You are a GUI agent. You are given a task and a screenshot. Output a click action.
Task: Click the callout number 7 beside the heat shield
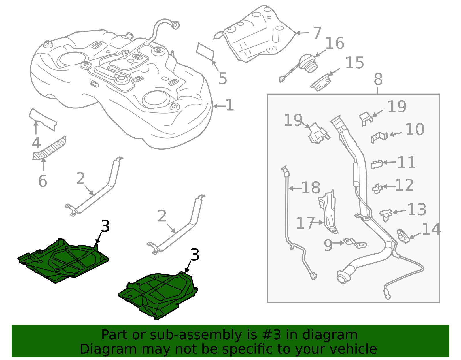click(x=317, y=33)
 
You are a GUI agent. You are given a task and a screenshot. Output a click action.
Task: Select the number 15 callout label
click(x=354, y=63)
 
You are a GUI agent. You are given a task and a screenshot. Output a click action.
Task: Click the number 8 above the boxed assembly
click(x=378, y=79)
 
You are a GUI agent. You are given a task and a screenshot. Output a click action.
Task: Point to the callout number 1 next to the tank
click(x=230, y=105)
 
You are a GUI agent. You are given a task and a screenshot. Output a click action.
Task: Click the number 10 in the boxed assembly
click(x=415, y=130)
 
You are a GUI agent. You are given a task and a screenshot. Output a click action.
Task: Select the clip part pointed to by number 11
click(x=377, y=164)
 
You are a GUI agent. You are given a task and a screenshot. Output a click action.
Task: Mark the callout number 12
click(x=404, y=185)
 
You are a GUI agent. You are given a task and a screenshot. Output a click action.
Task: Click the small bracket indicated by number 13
click(x=386, y=214)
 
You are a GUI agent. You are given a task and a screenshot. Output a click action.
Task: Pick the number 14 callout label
click(x=431, y=229)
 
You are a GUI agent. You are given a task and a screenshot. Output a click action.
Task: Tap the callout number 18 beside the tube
click(x=311, y=188)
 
